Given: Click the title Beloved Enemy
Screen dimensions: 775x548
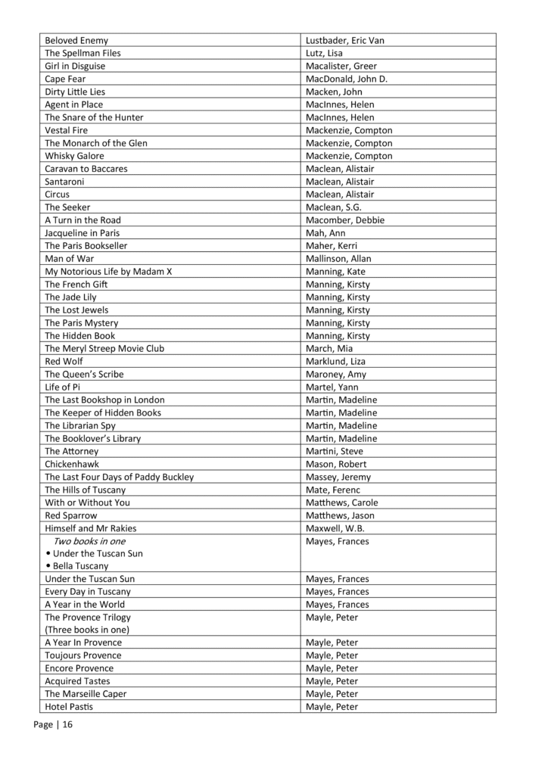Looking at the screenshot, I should [x=76, y=40].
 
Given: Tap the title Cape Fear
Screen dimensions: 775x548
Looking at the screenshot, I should [x=65, y=79].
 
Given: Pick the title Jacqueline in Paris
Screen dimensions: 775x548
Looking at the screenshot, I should [x=82, y=233].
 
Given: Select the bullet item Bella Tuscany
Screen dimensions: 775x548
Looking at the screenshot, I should [x=80, y=566].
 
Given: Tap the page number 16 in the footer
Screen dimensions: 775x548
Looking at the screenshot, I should [x=67, y=725].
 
